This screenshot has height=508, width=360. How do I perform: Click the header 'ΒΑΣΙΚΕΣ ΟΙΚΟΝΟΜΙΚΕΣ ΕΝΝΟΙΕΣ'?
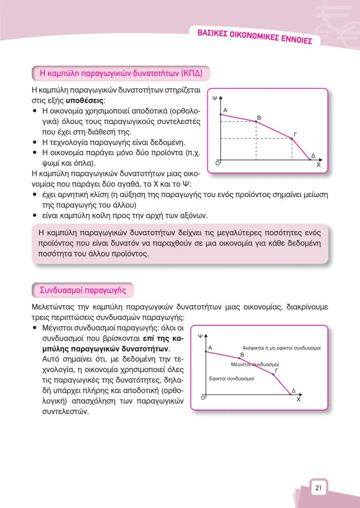coord(255,37)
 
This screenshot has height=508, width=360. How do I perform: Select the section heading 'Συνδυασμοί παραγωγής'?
coord(83,290)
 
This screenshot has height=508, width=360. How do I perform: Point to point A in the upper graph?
coord(221,114)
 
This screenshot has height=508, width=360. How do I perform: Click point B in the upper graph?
coord(256,122)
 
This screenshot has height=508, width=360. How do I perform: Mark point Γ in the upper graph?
coord(292,138)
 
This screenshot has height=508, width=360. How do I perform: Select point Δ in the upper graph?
coord(310,159)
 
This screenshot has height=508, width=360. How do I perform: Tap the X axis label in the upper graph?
coord(318,166)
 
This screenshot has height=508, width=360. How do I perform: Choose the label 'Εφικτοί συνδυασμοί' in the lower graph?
coord(231,378)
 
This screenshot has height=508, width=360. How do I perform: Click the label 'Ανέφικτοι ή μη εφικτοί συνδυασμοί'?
coord(281,348)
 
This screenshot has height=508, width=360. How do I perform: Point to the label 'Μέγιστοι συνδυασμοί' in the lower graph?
coord(254,364)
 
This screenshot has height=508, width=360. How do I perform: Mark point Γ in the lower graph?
coord(273,374)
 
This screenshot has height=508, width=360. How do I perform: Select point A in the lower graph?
coord(206,351)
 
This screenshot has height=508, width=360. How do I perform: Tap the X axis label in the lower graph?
coord(298,400)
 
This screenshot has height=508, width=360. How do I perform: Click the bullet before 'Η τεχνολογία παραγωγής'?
coord(34,142)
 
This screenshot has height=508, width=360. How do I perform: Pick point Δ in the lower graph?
coord(290,394)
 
